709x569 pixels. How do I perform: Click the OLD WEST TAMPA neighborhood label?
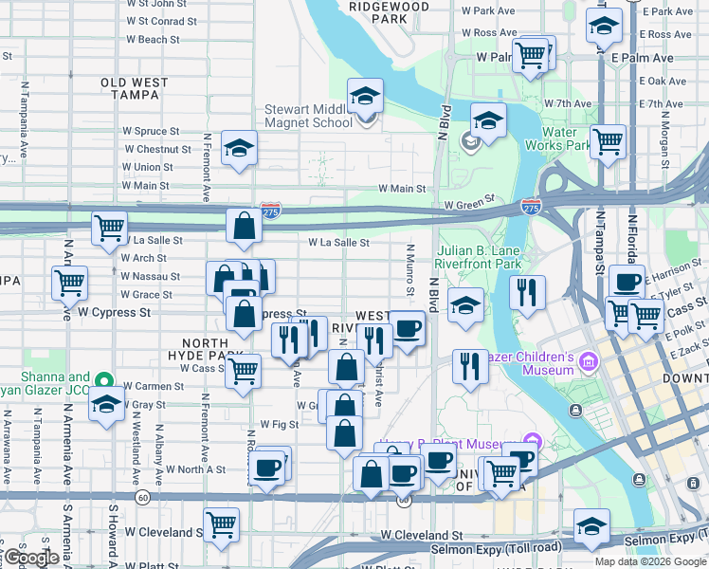pos(135,89)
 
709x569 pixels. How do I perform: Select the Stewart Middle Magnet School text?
pos(308,116)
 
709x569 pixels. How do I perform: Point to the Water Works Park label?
pos(566,138)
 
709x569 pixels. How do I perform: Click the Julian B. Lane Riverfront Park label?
pos(480,257)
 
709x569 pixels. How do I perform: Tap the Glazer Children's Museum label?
pos(531,363)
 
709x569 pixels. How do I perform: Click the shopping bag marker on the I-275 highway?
pos(244,227)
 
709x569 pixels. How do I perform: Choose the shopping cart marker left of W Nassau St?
pos(69,282)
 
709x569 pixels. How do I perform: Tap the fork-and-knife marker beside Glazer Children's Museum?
pos(469,366)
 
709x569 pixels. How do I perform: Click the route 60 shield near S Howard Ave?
pos(142,496)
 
